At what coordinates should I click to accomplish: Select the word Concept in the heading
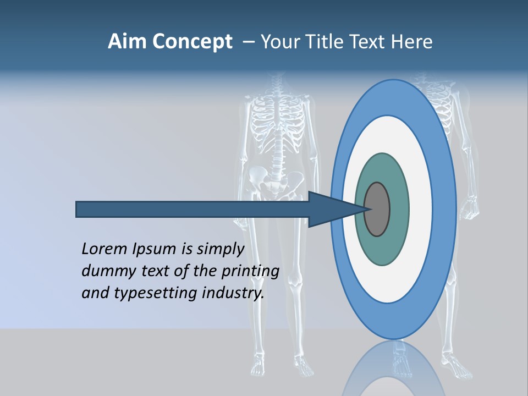193,42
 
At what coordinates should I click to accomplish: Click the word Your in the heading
282,42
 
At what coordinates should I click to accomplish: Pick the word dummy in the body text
106,272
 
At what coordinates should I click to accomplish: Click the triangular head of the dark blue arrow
330,210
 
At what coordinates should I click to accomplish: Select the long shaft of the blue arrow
193,210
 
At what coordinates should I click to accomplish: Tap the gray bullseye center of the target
377,210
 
